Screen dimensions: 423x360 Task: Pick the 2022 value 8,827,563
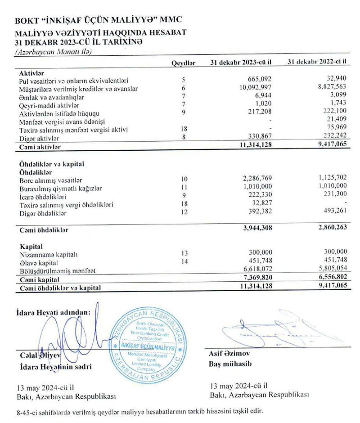click(329, 88)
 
